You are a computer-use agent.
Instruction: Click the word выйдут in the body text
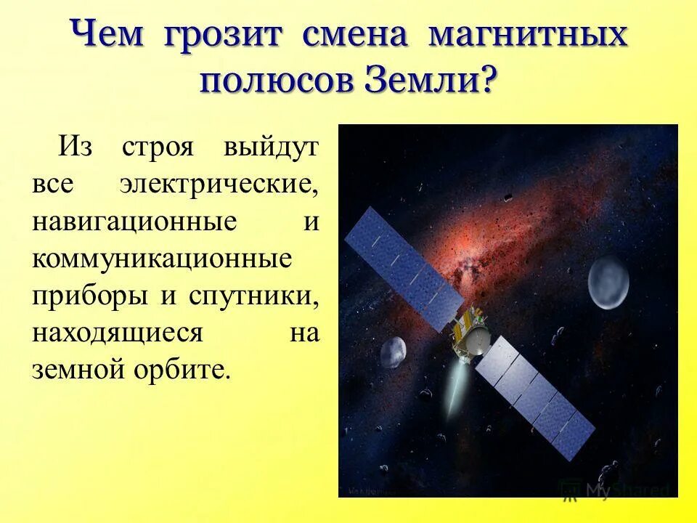(272, 147)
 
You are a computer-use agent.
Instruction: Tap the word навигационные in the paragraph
(134, 222)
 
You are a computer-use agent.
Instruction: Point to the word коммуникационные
(162, 259)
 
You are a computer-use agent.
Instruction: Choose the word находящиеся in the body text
(116, 333)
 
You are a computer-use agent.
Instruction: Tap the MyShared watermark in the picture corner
(617, 490)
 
